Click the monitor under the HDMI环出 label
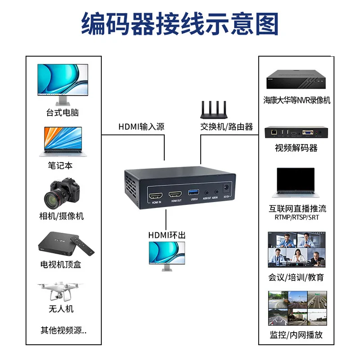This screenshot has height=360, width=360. (167, 255)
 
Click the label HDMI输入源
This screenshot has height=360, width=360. (141, 126)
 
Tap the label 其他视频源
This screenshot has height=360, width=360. (63, 330)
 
